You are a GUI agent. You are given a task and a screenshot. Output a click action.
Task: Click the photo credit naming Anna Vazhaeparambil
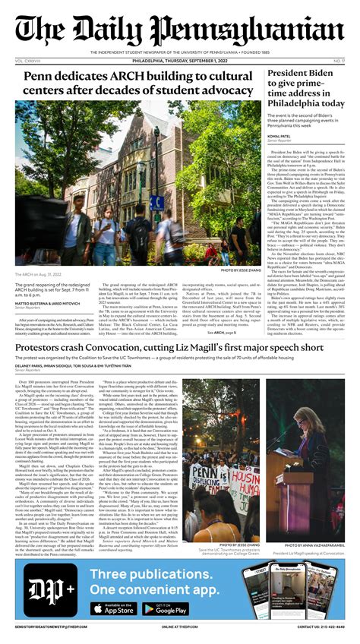[x=310, y=545]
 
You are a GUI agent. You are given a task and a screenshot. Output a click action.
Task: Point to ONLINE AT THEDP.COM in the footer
[x=181, y=627]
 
